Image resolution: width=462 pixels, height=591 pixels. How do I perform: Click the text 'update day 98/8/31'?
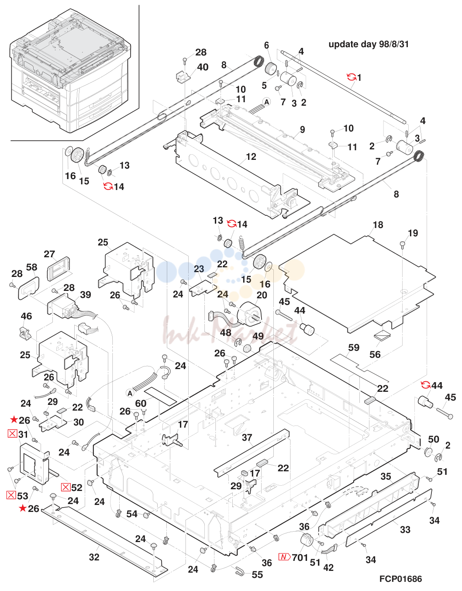[x=369, y=44]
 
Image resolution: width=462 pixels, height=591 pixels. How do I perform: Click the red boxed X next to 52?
[x=66, y=487]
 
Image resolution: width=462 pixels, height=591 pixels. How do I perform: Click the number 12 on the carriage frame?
[x=251, y=157]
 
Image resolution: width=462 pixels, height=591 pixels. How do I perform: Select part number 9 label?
[x=303, y=129]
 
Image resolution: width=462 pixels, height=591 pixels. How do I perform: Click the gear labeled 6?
[x=269, y=67]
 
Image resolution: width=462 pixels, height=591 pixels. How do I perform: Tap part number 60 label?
[x=141, y=403]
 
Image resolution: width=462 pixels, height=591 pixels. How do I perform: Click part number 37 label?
[x=247, y=437]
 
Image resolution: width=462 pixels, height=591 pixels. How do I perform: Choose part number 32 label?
[x=94, y=557]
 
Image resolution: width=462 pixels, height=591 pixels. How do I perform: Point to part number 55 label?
[x=257, y=575]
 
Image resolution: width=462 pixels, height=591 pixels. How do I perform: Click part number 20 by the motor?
[x=262, y=295]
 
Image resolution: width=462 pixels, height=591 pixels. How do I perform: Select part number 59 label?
[x=354, y=348]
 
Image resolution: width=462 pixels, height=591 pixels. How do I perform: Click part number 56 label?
[x=375, y=354]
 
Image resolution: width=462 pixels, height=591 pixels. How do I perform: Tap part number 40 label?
[x=203, y=67]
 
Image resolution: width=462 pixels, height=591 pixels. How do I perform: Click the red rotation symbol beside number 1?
[x=352, y=77]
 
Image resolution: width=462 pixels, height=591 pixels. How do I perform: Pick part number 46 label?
[x=26, y=316]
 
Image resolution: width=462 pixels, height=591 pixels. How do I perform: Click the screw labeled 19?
[x=403, y=243]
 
